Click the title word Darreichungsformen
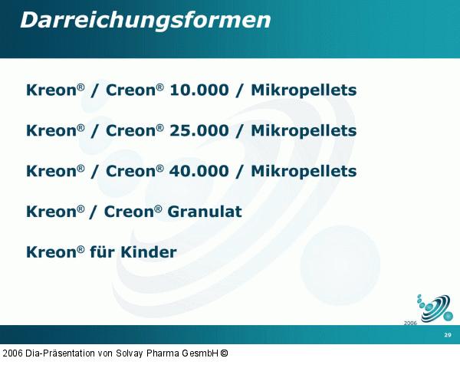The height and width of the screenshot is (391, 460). [x=145, y=21]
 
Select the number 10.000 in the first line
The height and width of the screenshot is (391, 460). [x=199, y=90]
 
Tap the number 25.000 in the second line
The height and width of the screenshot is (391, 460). [x=199, y=131]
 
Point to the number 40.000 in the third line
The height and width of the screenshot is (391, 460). [x=199, y=171]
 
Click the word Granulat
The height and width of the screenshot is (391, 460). [x=206, y=212]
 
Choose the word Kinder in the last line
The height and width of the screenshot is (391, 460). [x=149, y=252]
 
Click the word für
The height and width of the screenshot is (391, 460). [x=103, y=252]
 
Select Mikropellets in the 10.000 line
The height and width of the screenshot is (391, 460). [x=304, y=90]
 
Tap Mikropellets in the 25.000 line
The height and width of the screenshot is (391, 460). [x=304, y=131]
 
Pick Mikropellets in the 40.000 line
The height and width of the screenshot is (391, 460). [x=304, y=171]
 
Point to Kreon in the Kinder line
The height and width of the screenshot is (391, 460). [x=51, y=252]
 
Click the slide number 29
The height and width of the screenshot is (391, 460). [x=448, y=336]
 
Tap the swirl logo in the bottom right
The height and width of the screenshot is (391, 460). [x=435, y=307]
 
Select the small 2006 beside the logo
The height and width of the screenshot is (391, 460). [x=410, y=324]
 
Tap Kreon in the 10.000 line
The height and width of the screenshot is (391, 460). [x=51, y=90]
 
